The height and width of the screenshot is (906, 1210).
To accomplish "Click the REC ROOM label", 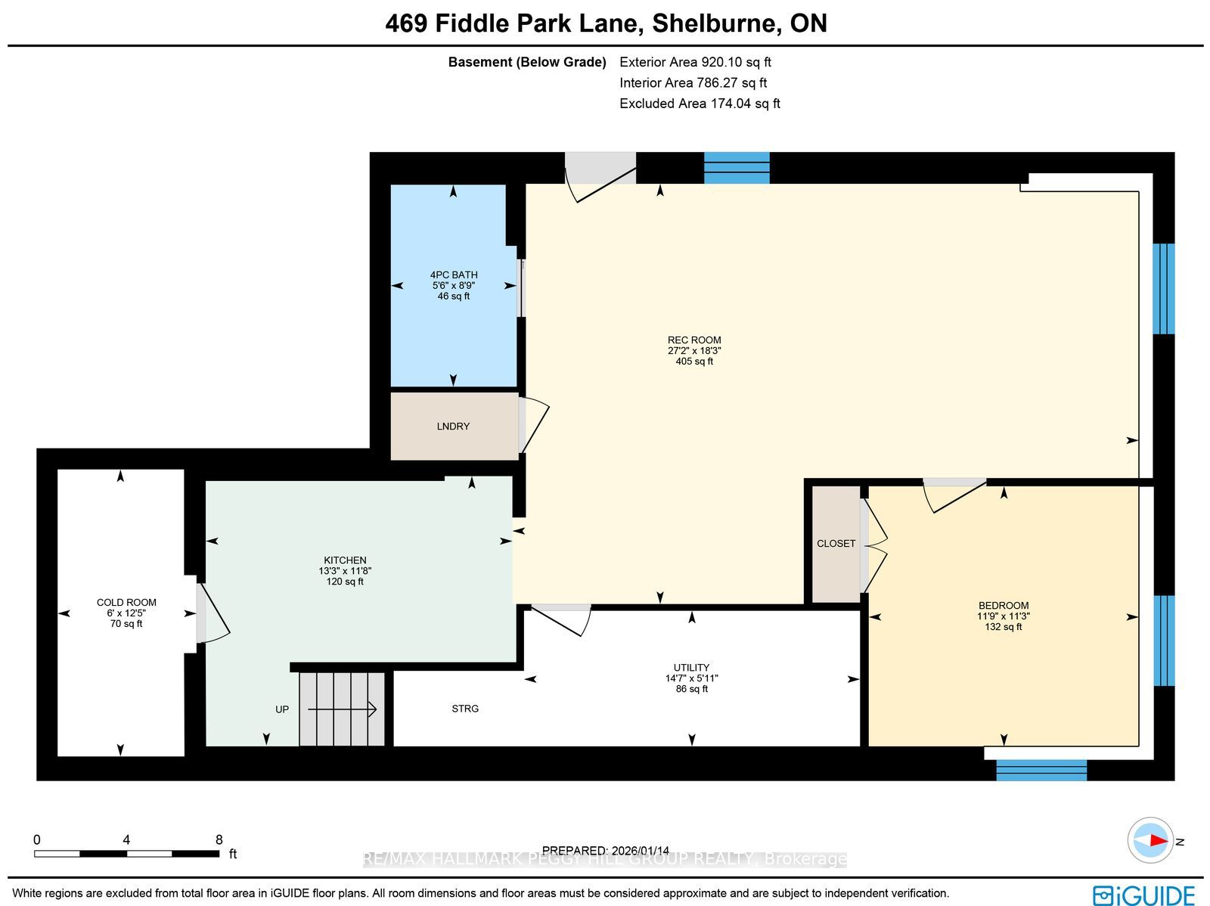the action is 694,340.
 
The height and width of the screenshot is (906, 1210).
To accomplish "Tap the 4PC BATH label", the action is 454,275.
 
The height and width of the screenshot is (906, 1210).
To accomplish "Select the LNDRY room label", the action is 453,426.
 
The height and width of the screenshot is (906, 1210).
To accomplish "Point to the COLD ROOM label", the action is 126,602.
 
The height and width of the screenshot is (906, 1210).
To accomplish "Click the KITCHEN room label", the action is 345,560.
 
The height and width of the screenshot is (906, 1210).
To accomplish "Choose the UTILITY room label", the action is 691,667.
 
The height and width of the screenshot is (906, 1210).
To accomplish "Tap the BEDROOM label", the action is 1004,605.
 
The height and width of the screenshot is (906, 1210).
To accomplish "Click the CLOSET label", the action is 836,544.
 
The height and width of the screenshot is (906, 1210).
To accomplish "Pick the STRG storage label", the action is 465,709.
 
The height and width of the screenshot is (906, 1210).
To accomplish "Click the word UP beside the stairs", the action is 281,709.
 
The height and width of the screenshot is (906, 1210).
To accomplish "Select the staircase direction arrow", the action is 342,709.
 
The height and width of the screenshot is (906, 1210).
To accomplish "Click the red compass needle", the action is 1158,841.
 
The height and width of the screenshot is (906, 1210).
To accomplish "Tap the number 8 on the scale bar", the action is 219,840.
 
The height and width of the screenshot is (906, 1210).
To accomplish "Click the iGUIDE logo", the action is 1143,895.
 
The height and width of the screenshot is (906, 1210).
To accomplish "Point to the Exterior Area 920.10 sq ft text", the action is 695,62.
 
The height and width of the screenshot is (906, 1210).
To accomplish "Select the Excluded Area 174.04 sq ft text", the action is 700,103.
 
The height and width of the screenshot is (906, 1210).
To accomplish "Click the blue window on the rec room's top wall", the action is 737,168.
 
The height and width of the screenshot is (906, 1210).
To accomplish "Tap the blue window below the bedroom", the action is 1041,770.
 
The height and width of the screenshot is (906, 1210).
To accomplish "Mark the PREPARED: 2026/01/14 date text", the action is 605,850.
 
